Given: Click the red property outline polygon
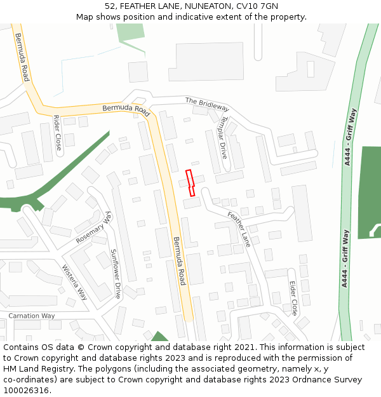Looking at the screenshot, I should [x=189, y=182].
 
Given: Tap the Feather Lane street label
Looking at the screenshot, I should [x=239, y=229].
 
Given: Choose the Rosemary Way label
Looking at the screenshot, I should [x=93, y=228].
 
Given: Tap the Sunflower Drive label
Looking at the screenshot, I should [x=116, y=274].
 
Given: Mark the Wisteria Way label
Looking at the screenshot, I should [x=74, y=282].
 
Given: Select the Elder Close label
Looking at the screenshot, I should [x=293, y=299].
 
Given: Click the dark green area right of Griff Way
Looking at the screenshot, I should [x=370, y=191].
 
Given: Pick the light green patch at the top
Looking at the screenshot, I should [x=130, y=32].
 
